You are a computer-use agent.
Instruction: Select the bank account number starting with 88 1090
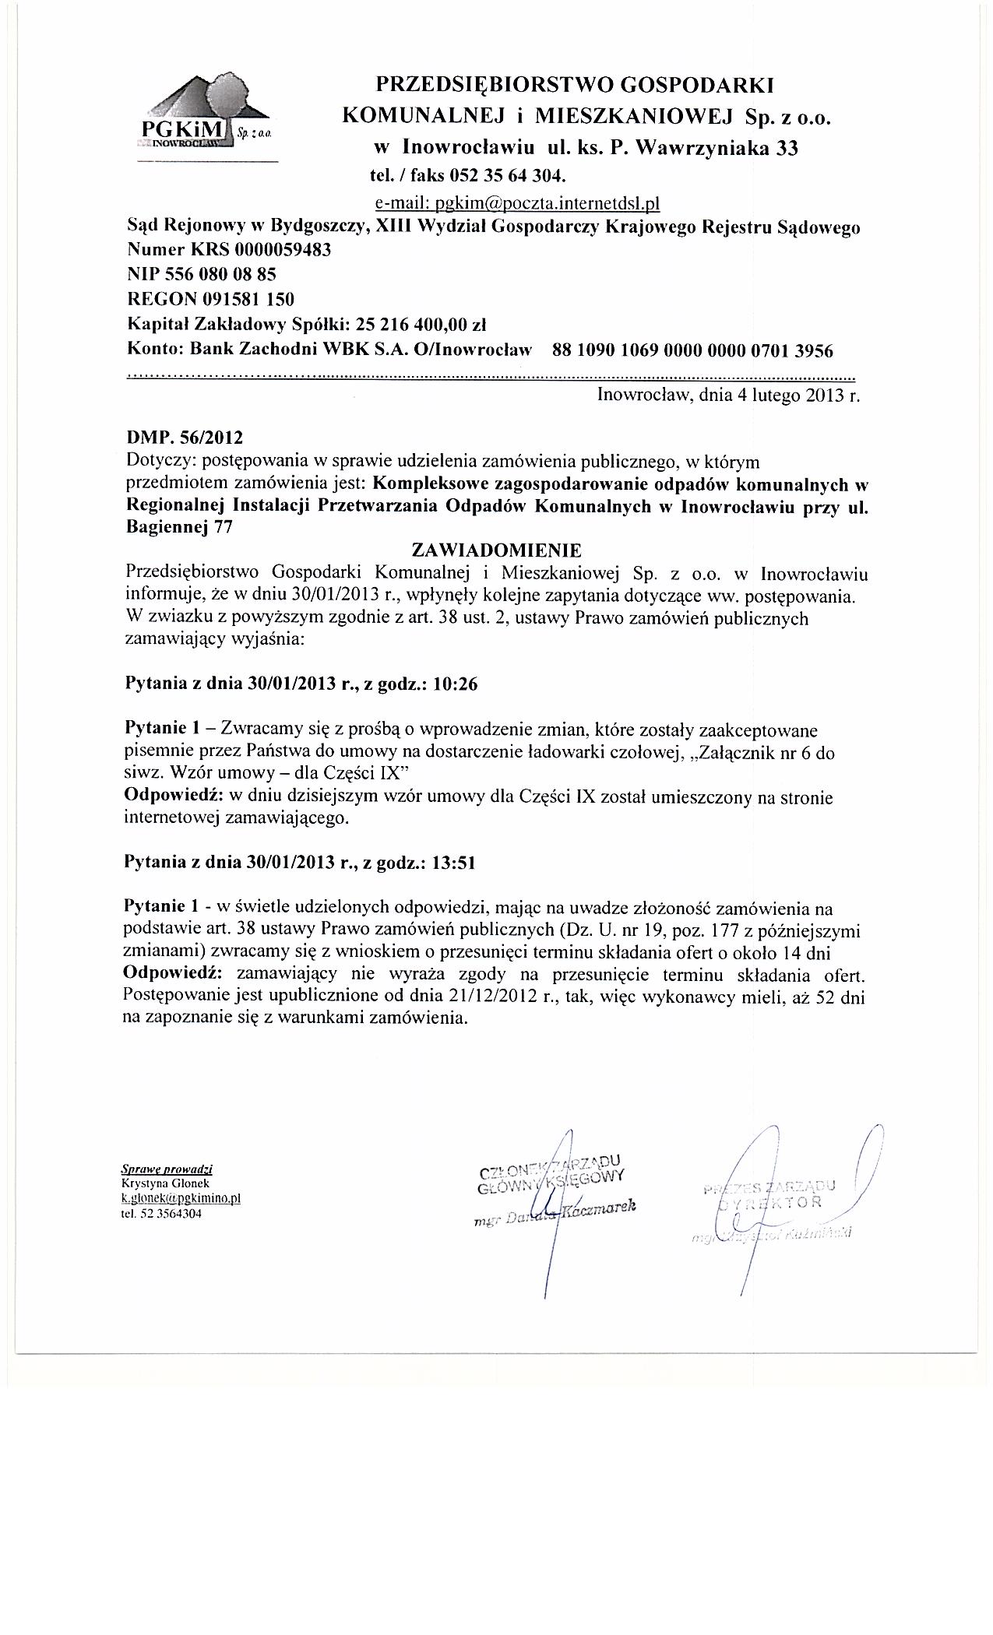692,350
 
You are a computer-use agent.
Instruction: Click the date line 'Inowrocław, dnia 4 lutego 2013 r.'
727,395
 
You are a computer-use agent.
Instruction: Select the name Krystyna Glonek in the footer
159,1181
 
